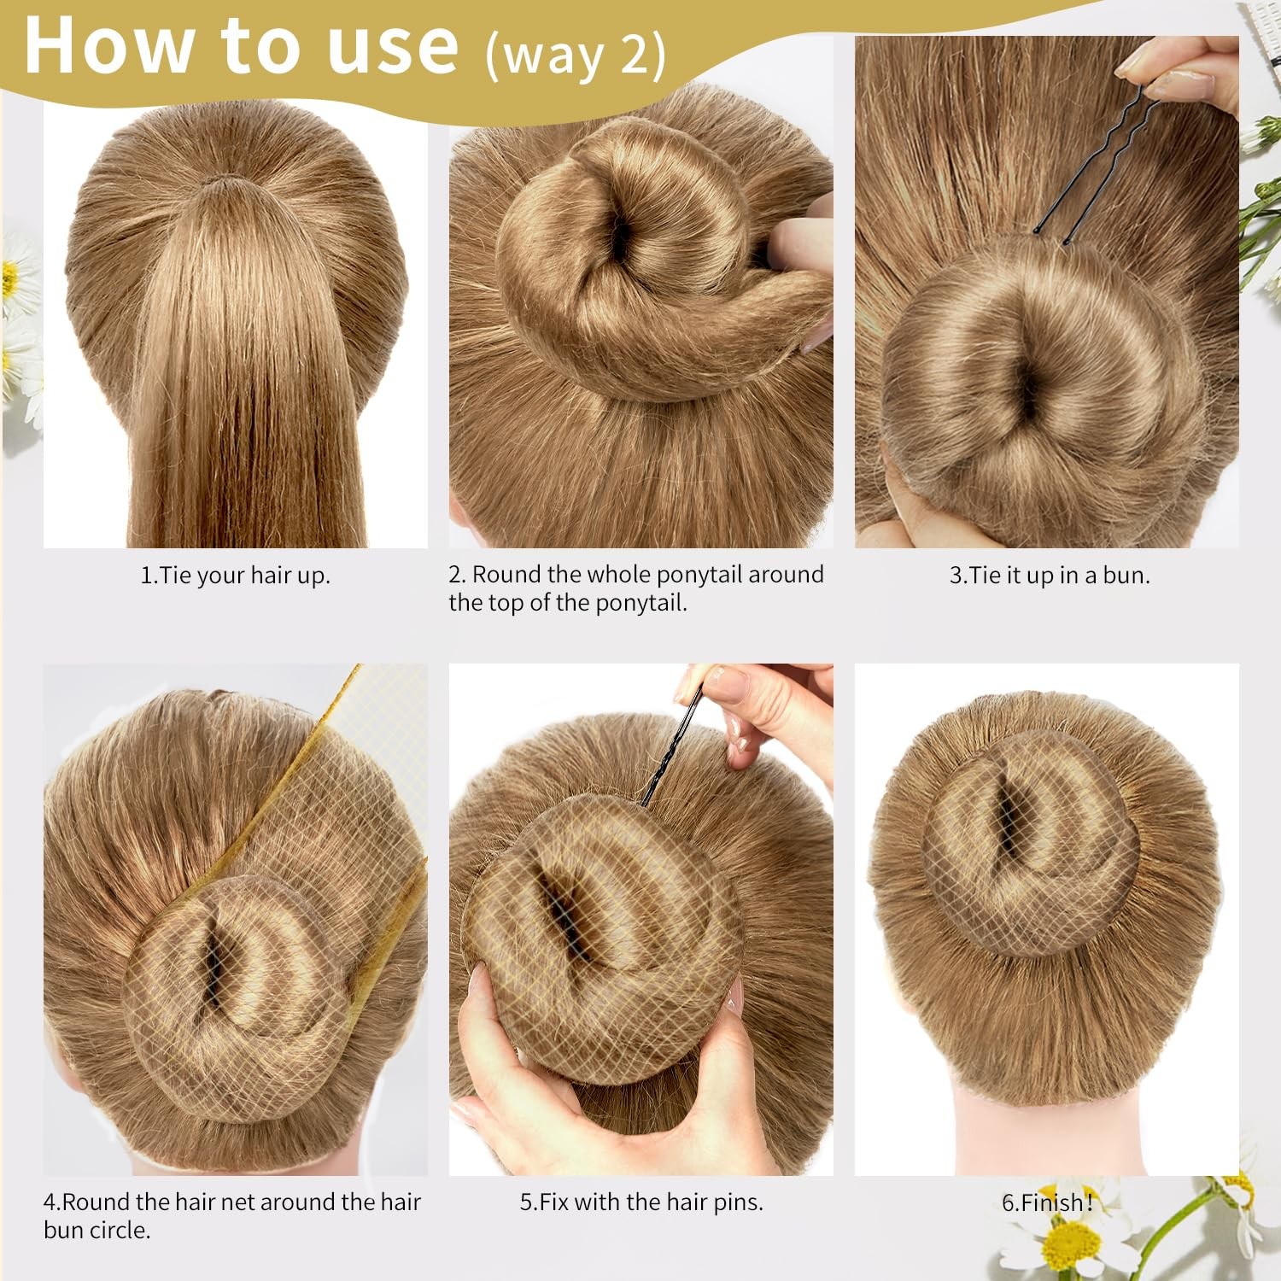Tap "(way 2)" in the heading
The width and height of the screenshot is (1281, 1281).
(576, 56)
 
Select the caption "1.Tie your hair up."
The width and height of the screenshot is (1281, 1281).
(235, 576)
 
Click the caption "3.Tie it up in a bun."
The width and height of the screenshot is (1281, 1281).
(1050, 576)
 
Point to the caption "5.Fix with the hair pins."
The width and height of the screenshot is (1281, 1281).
(641, 1202)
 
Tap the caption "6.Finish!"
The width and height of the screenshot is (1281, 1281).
(1047, 1202)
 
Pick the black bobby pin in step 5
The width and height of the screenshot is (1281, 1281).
(671, 752)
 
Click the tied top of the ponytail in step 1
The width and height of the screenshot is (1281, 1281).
(223, 184)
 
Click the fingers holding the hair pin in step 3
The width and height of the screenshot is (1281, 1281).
(1187, 73)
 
